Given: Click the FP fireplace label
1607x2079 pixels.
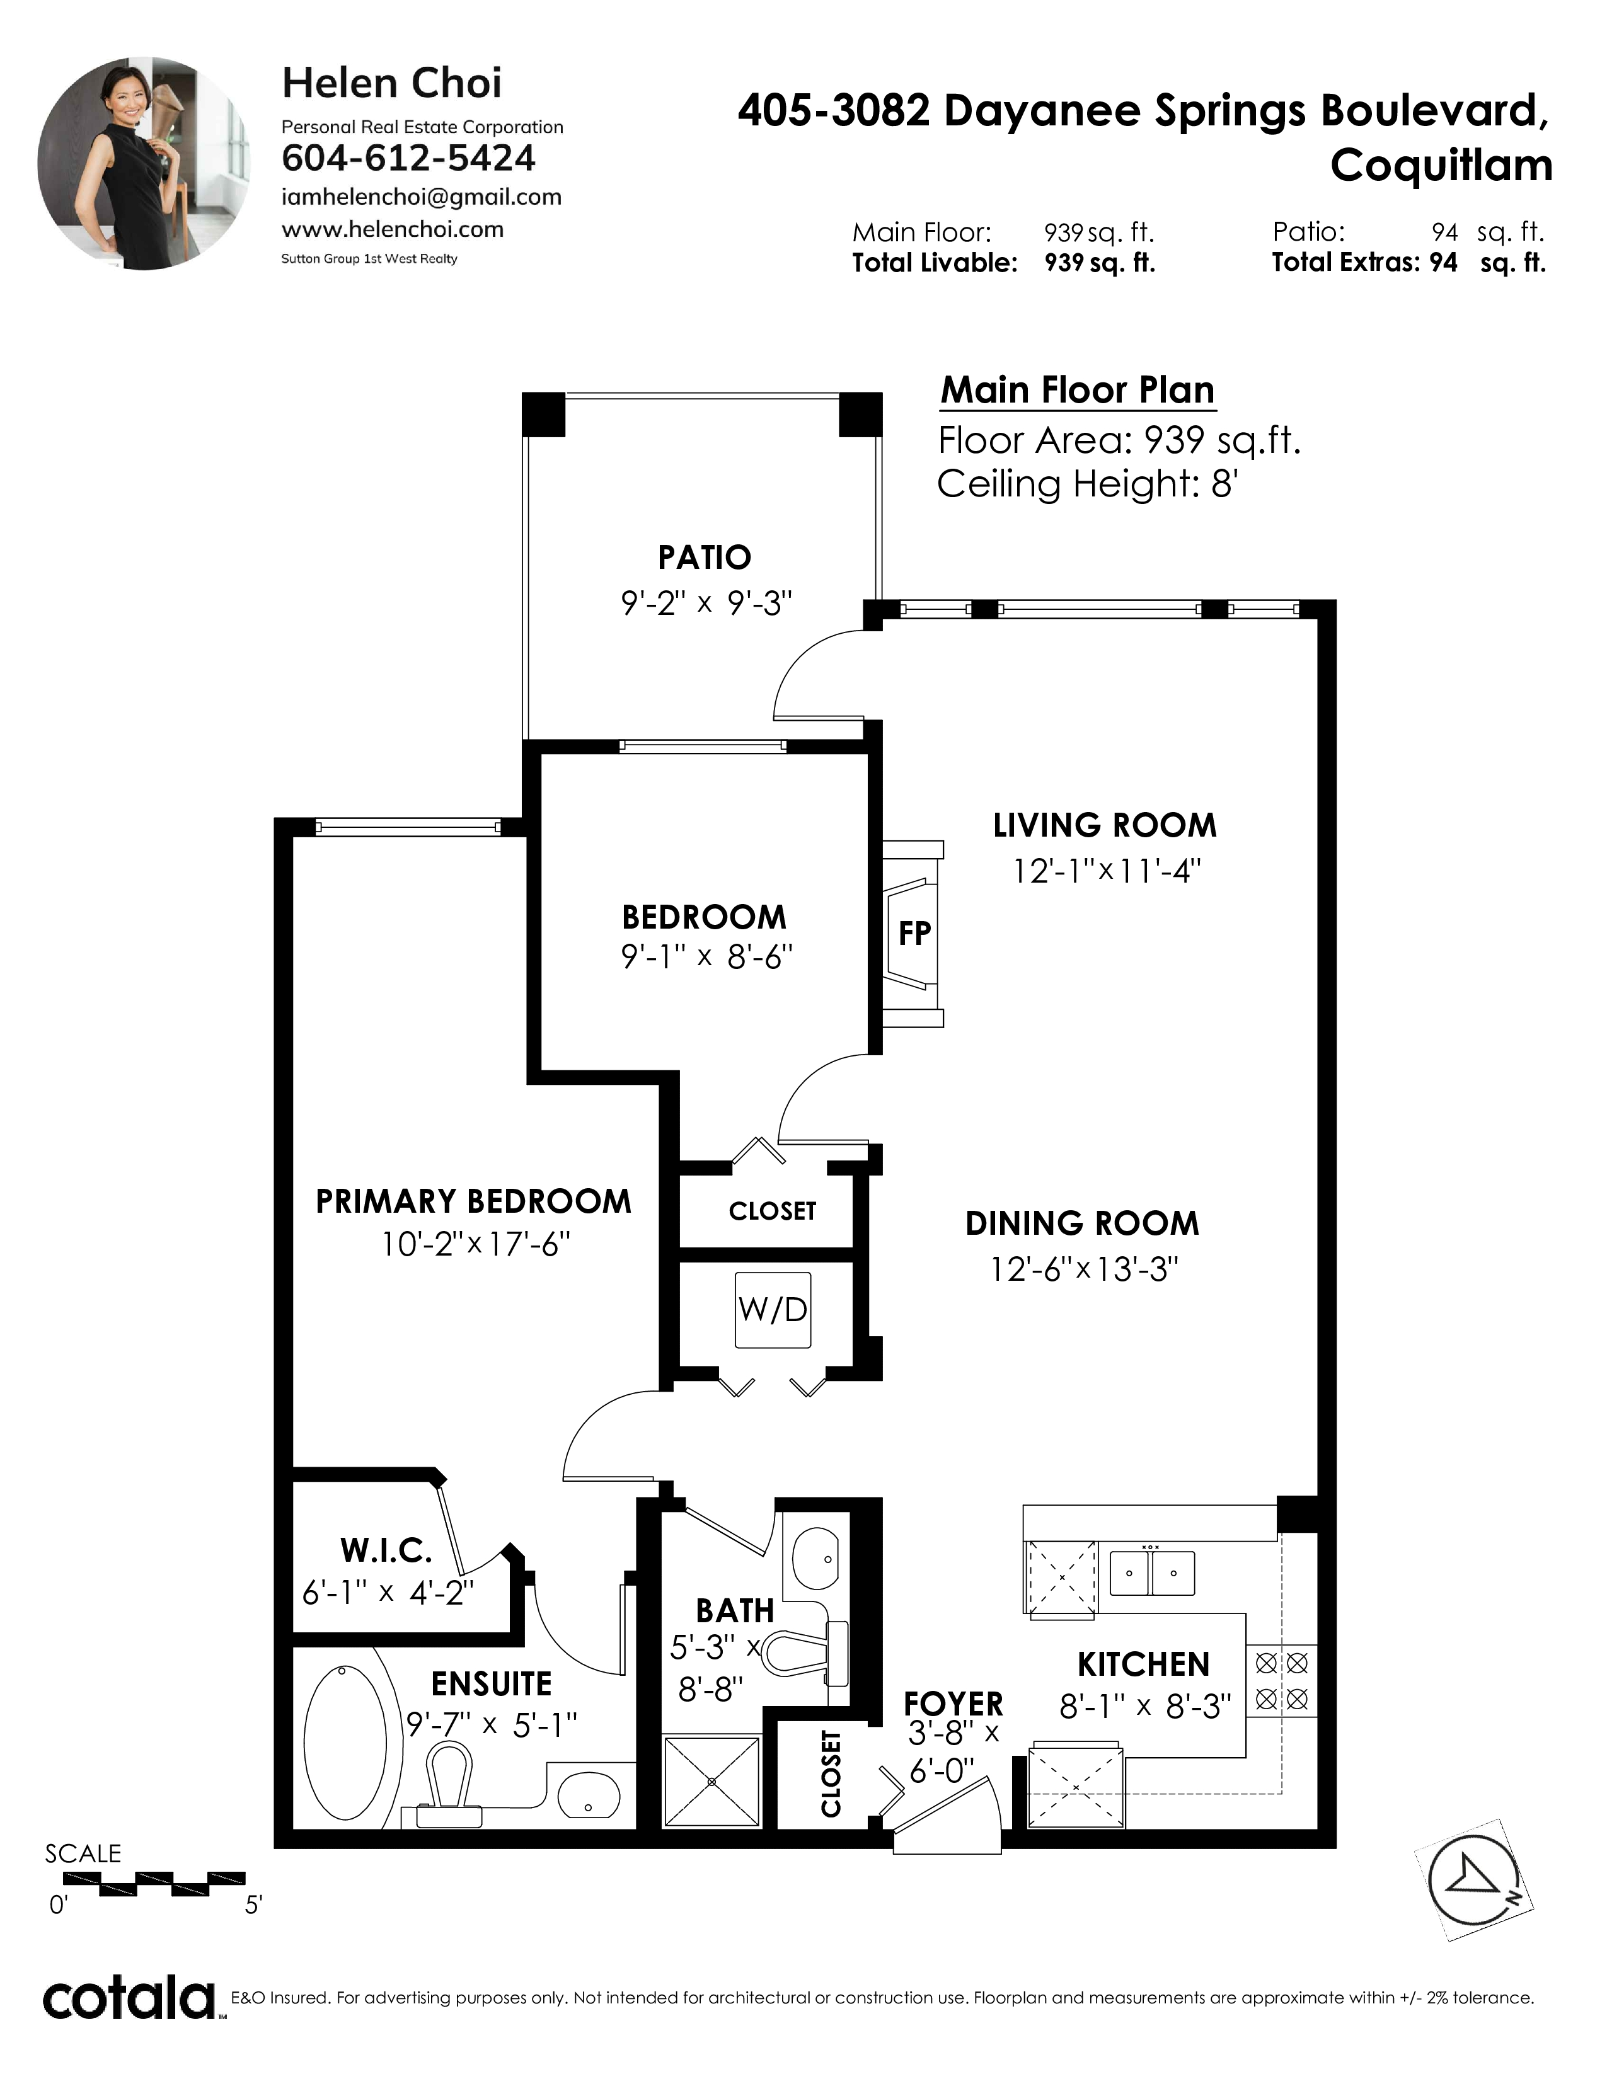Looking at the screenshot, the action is [914, 934].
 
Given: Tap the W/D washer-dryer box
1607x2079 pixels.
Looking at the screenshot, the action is [773, 1310].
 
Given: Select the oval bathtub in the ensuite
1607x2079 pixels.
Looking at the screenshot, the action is [345, 1739].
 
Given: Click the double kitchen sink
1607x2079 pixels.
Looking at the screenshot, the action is [1152, 1572].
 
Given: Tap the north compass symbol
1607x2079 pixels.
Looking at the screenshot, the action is [1475, 1879].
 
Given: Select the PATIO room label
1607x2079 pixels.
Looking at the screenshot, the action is [705, 557].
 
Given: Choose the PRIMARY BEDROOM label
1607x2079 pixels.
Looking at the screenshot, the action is [473, 1201].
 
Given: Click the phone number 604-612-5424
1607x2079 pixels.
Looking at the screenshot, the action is [408, 158].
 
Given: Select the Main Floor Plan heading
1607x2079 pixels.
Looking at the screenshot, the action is [1078, 391].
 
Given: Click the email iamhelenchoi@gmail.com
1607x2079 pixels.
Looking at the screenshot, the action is [422, 197].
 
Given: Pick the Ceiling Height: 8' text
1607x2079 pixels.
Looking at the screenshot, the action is [1087, 484].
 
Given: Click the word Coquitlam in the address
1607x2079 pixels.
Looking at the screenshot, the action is [1441, 166].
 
